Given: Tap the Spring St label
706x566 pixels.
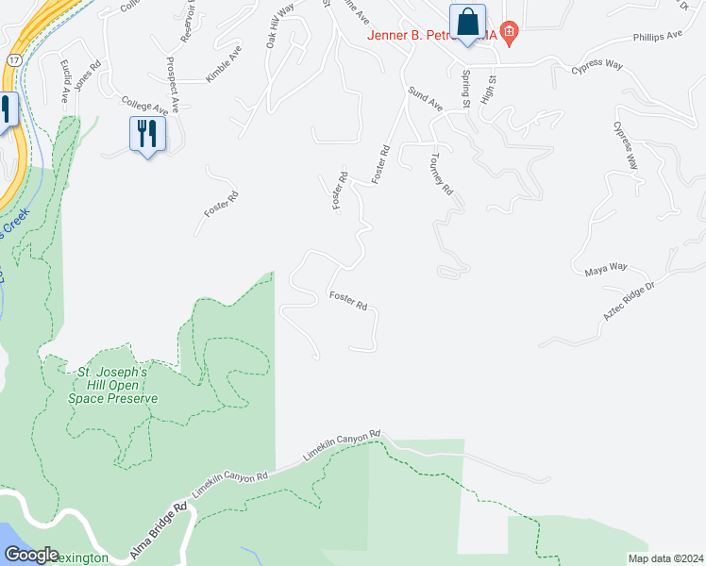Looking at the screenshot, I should pyautogui.click(x=465, y=89).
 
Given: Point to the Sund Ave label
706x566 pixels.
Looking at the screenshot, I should pyautogui.click(x=425, y=98).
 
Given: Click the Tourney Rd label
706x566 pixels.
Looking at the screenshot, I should pyautogui.click(x=442, y=174).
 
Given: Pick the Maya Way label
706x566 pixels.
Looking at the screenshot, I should pyautogui.click(x=605, y=267).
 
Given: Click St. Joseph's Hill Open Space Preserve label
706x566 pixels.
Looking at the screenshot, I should pyautogui.click(x=112, y=385).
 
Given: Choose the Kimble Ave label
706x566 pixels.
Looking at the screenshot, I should pyautogui.click(x=218, y=62).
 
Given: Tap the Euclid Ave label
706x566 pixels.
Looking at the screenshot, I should pyautogui.click(x=66, y=81).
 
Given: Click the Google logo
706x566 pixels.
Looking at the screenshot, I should pyautogui.click(x=31, y=555).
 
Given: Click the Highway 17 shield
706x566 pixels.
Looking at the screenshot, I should pyautogui.click(x=8, y=58).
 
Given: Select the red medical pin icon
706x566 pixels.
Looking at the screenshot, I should pyautogui.click(x=509, y=34).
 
